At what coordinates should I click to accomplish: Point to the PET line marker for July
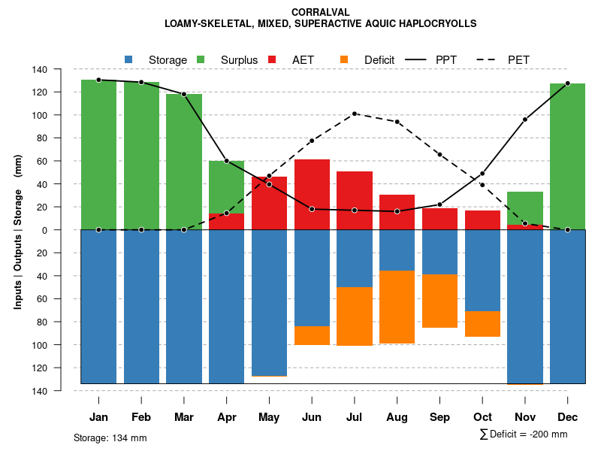[355, 114]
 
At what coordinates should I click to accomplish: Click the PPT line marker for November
[525, 120]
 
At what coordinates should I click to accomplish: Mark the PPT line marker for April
[226, 161]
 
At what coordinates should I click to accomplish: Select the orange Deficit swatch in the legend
[344, 59]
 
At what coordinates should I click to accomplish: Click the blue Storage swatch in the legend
[128, 59]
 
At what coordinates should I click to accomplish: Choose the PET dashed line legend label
[518, 59]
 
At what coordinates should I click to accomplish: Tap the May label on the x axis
[269, 416]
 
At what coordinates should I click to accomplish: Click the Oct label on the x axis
[482, 416]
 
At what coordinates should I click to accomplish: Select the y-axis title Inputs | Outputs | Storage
[18, 230]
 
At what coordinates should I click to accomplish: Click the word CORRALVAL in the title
[320, 13]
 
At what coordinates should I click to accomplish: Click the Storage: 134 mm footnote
[110, 437]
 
